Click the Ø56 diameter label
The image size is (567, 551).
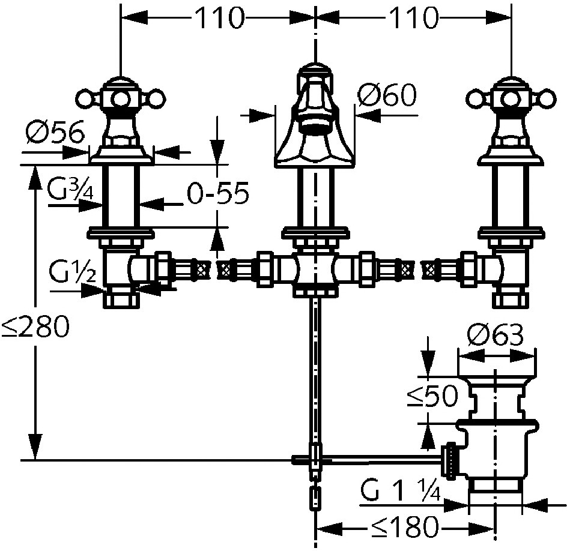click(x=55, y=131)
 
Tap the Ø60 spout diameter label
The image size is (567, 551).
click(x=387, y=94)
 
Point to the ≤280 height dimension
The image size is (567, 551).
click(x=35, y=327)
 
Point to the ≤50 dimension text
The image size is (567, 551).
click(x=432, y=396)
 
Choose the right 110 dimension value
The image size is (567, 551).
click(x=414, y=18)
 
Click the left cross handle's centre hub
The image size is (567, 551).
click(x=121, y=98)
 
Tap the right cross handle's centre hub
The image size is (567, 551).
click(x=511, y=98)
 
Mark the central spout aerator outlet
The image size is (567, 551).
click(x=316, y=128)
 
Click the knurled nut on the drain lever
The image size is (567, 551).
click(x=452, y=461)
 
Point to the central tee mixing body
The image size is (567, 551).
click(x=316, y=272)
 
